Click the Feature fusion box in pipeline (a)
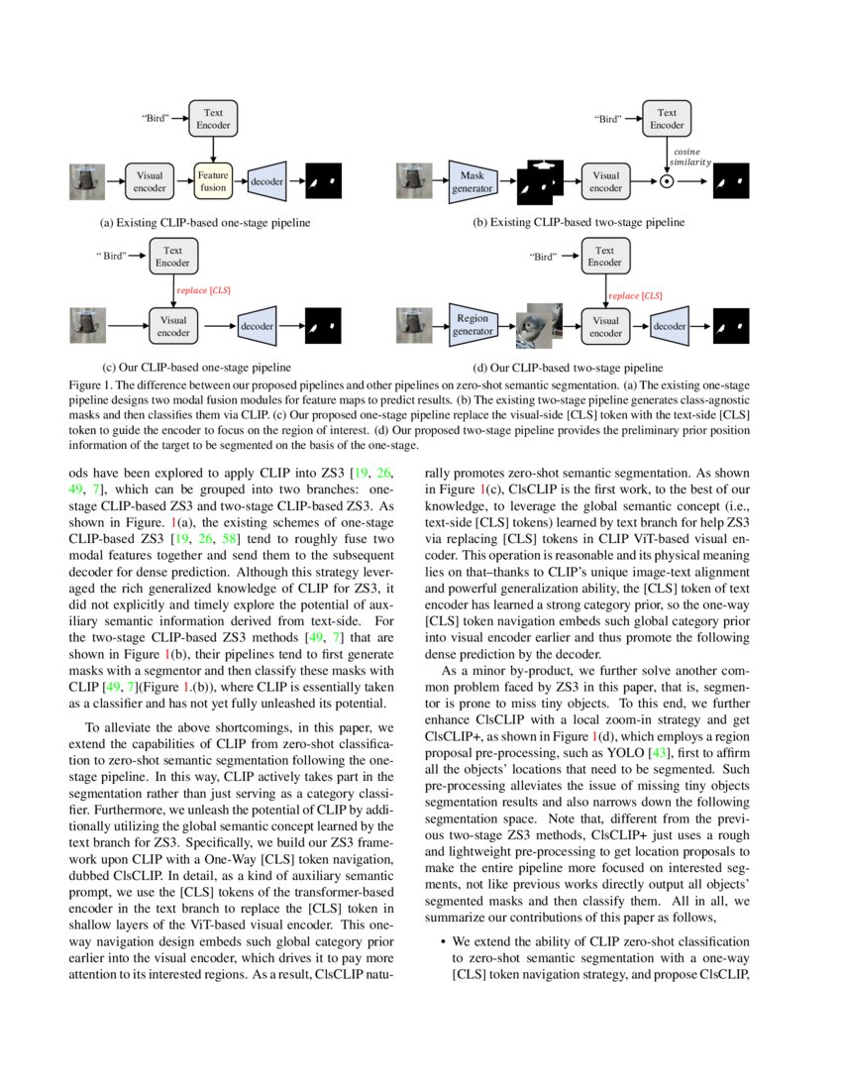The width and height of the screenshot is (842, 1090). [213, 181]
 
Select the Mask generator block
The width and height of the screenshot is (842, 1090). [473, 181]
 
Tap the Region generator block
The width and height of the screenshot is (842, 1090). [473, 325]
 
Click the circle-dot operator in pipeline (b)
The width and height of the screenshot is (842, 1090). [667, 182]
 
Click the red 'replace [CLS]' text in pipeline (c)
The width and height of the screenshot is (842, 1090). [204, 289]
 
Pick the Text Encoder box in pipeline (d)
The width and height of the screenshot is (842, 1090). [604, 257]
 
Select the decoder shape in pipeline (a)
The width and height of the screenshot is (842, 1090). [266, 181]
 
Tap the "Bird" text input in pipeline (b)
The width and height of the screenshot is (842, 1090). [607, 119]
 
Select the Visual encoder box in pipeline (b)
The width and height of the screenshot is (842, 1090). [605, 181]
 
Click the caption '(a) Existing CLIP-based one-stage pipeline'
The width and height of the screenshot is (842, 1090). [198, 223]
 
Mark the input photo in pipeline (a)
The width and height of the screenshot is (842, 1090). [89, 181]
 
